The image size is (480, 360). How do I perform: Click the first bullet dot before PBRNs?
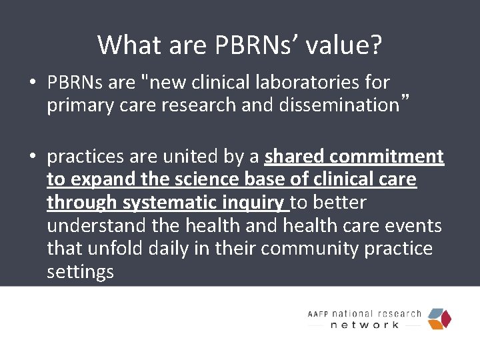coord(33,83)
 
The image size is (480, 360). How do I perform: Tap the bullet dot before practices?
coord(33,157)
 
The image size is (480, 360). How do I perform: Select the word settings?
coord(80,272)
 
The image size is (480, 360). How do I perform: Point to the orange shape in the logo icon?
coord(436,324)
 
